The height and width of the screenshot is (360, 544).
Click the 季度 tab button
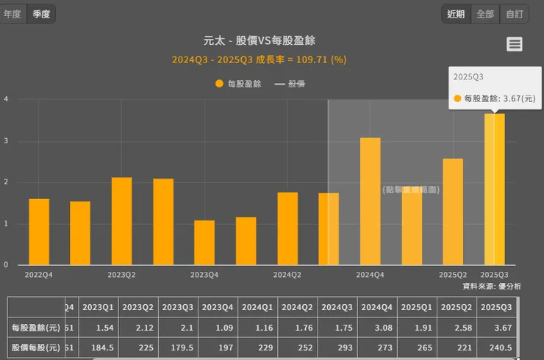(x=41, y=14)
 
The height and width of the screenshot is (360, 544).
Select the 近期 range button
(x=456, y=14)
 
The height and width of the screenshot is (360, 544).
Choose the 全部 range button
(x=485, y=14)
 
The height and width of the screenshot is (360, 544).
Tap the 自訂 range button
(x=515, y=14)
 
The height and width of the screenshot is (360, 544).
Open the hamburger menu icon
(x=515, y=44)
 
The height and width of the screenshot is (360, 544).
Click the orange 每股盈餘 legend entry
(x=238, y=84)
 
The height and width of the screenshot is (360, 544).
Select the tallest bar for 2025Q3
(x=495, y=189)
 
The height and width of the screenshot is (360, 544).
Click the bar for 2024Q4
(x=371, y=201)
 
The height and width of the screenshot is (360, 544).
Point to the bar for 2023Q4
(x=204, y=242)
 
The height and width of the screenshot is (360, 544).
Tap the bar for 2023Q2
(x=122, y=220)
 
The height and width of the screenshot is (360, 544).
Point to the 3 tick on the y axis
(x=6, y=141)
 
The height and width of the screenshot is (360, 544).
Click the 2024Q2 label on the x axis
(x=287, y=275)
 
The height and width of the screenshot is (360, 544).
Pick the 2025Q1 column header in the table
(x=418, y=307)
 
